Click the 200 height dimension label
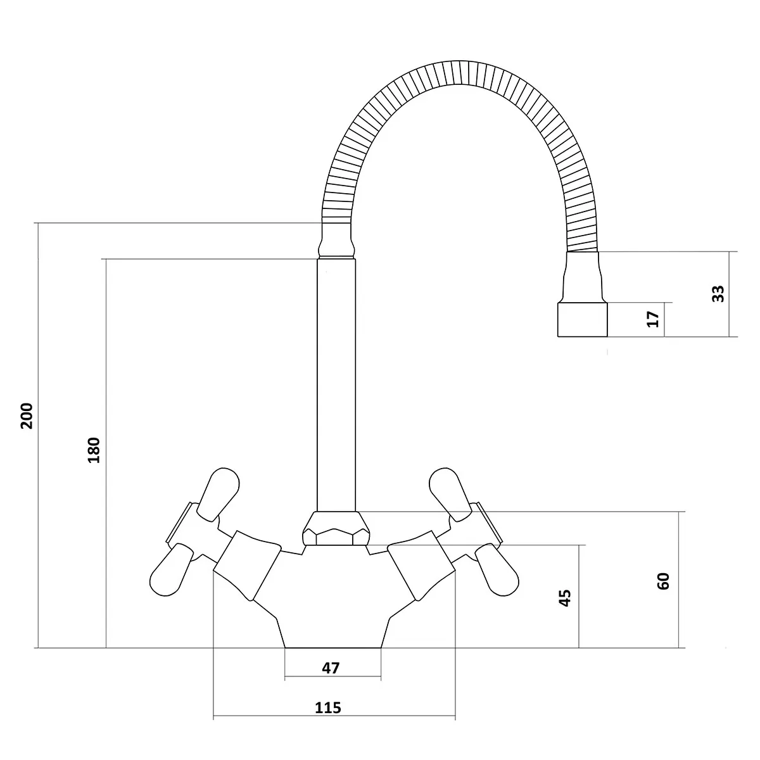tap(27, 415)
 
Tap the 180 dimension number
tap(94, 450)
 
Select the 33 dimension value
tap(718, 294)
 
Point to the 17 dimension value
tap(653, 319)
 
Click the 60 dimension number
tap(663, 581)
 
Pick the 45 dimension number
tap(565, 598)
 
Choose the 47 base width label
tap(331, 668)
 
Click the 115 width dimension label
tap(327, 707)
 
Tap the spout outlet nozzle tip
tap(582, 319)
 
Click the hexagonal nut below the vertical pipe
tap(336, 528)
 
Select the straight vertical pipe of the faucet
tap(336, 385)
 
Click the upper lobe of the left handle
tap(218, 493)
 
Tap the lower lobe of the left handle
tap(172, 569)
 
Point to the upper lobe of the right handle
tap(451, 494)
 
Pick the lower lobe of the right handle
tap(497, 570)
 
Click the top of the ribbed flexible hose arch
tap(459, 72)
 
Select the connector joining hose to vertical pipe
tap(336, 241)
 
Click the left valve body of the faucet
tap(248, 566)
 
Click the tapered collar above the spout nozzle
tap(583, 277)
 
